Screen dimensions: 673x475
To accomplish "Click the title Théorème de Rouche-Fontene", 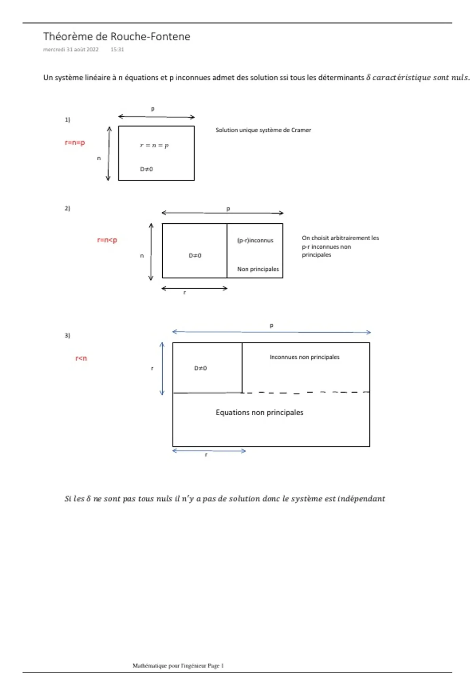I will (116, 36).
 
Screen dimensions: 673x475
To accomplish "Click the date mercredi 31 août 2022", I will (71, 49).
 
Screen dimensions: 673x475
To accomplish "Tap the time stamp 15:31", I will (117, 49).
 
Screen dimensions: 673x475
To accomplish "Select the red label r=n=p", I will (75, 143).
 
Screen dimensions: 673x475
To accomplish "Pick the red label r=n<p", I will (107, 240).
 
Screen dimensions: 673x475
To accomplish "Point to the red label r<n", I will (81, 358).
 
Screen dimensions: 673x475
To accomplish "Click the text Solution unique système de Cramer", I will (263, 130).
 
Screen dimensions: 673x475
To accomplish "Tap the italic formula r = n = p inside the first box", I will (154, 145).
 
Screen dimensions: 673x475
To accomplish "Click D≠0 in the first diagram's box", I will (146, 169).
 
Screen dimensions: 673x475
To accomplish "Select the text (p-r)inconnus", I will (255, 240).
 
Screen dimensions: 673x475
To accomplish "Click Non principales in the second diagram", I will (258, 269).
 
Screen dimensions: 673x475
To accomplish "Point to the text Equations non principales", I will (259, 413).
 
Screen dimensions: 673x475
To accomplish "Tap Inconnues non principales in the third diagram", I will (304, 357).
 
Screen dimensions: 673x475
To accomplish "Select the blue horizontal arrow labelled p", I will (272, 332).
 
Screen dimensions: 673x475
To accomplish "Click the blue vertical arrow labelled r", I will (162, 369).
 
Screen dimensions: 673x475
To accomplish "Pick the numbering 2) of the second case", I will (67, 208).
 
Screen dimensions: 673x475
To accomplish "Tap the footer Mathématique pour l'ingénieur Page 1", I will (178, 665).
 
